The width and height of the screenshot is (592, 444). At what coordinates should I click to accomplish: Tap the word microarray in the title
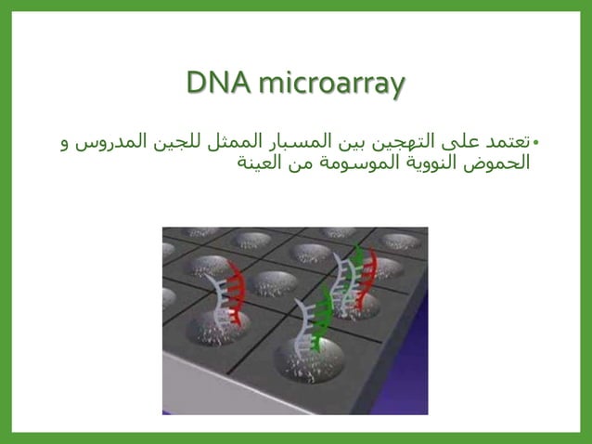(331, 84)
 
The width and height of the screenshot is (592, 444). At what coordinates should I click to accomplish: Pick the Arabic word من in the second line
(305, 164)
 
